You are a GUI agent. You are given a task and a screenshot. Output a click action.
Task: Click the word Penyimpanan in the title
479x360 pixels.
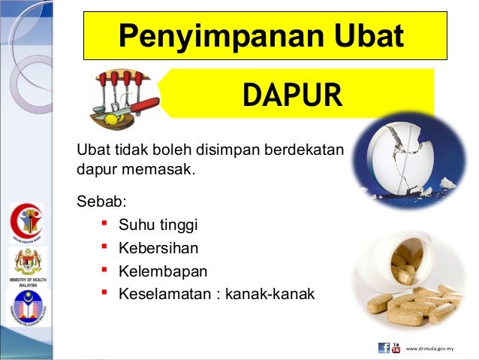coord(216,35)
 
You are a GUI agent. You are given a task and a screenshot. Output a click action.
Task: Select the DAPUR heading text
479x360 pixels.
coord(292,95)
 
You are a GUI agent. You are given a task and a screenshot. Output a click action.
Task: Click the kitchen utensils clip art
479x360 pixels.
coord(124,98)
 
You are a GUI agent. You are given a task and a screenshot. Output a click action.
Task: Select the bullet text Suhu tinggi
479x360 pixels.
coord(158,223)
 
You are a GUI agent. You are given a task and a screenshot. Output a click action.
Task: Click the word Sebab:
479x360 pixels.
coord(102,201)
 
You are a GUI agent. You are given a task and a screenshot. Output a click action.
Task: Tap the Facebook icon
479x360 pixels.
coord(384,348)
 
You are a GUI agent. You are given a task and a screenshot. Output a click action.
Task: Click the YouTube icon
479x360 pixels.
coord(396,348)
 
